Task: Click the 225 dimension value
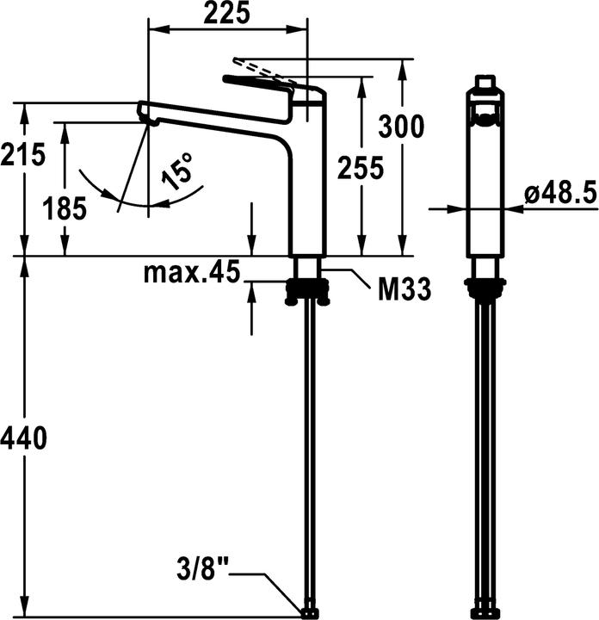coord(228,13)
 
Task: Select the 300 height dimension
coord(402,127)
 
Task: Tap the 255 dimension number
coord(361,168)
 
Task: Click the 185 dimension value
coord(65,208)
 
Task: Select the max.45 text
coord(190,273)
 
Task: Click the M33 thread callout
coord(404,290)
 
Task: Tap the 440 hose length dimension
coord(23,438)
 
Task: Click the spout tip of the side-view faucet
coord(147,114)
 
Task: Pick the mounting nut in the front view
coord(485,289)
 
